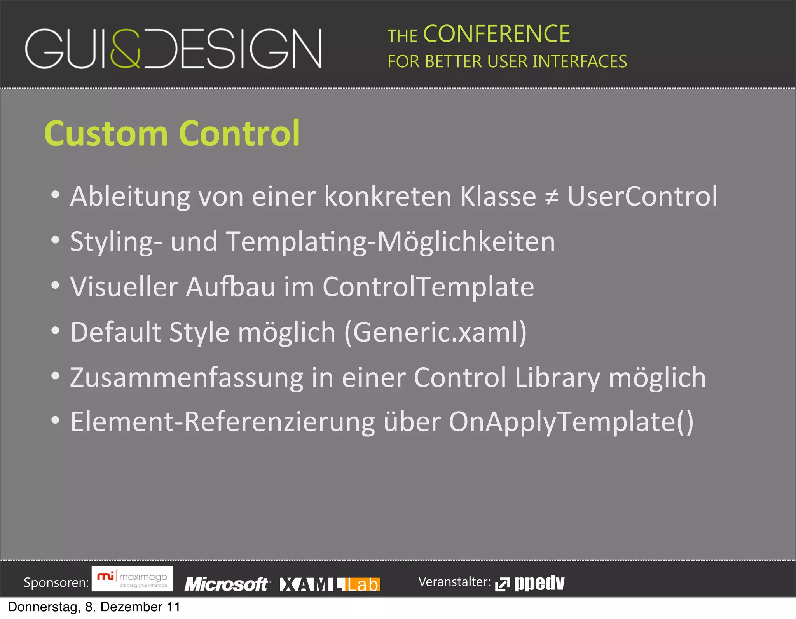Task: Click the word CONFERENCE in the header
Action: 496,34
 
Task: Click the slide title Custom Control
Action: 172,133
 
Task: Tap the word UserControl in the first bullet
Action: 642,196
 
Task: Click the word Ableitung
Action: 130,197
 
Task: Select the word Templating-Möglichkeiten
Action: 390,242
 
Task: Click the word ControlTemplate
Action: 428,287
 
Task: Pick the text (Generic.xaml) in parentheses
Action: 436,332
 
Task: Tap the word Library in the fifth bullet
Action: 557,378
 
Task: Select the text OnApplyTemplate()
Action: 571,422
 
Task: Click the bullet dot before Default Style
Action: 56,331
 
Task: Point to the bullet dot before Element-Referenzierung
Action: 56,420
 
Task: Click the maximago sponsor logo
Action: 132,579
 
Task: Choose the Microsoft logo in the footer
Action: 227,584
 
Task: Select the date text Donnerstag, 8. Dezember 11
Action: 94,607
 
